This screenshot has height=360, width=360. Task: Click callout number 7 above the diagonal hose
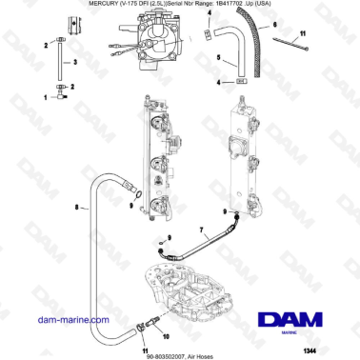(202, 230)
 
